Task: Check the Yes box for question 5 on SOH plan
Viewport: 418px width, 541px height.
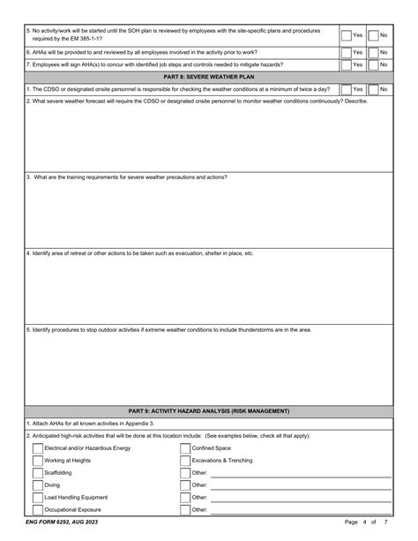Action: click(x=346, y=35)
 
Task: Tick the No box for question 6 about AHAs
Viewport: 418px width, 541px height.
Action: click(x=372, y=52)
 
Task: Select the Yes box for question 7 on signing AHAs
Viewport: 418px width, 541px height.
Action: click(x=346, y=64)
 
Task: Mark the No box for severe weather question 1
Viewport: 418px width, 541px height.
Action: click(x=372, y=89)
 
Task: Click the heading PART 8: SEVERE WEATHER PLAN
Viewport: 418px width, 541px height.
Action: click(x=208, y=77)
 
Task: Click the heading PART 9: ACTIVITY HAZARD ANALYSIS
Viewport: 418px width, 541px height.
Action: click(x=208, y=410)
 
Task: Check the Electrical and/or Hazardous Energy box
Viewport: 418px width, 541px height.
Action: click(x=38, y=448)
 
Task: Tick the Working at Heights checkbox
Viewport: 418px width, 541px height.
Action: click(x=38, y=461)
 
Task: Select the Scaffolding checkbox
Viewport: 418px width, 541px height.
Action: click(x=38, y=473)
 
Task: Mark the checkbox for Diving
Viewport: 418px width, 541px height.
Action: click(x=38, y=485)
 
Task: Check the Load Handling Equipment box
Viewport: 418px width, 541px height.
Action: click(x=38, y=498)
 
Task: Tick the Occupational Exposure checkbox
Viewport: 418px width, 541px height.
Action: click(x=38, y=510)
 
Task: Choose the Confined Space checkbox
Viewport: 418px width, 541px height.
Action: click(x=184, y=448)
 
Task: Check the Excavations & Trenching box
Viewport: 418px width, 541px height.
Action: click(x=184, y=461)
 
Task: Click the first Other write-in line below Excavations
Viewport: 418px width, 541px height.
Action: click(x=300, y=473)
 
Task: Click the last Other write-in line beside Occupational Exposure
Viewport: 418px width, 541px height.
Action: click(x=300, y=510)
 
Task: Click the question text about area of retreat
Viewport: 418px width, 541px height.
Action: click(x=141, y=253)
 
